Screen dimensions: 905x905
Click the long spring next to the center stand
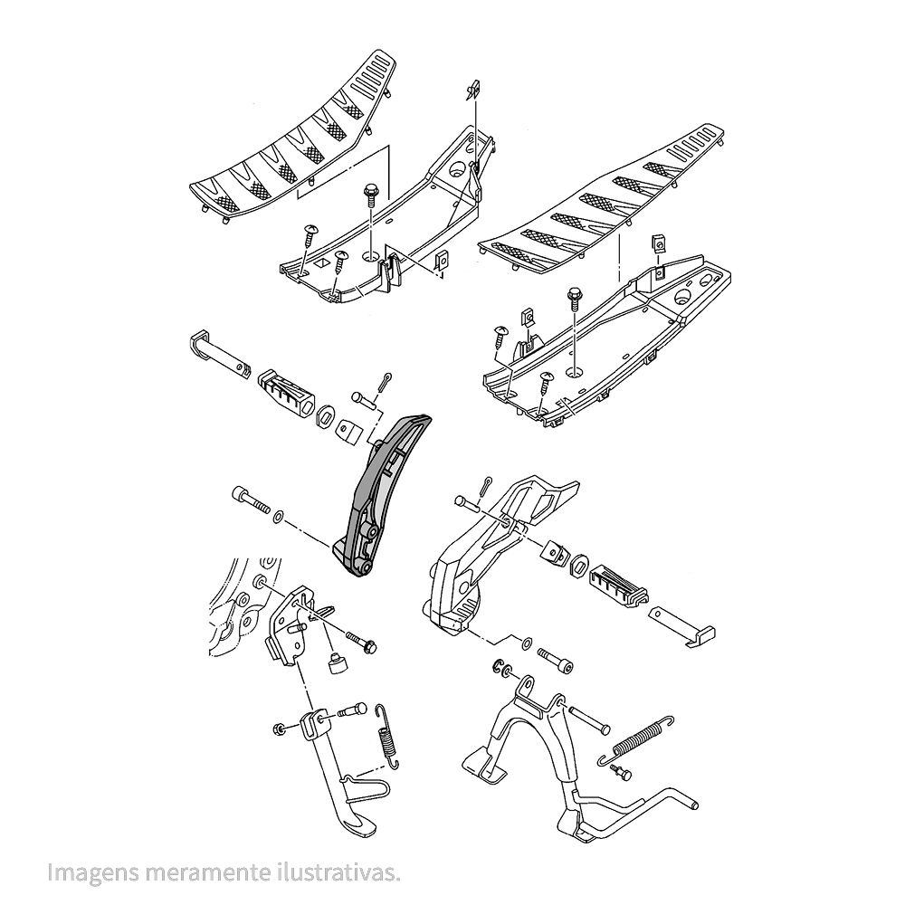click(636, 739)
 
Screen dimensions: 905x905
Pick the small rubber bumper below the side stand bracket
click(336, 662)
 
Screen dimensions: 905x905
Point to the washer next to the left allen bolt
click(278, 516)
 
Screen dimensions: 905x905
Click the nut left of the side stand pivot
click(279, 729)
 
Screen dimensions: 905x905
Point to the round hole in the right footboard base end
click(682, 298)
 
